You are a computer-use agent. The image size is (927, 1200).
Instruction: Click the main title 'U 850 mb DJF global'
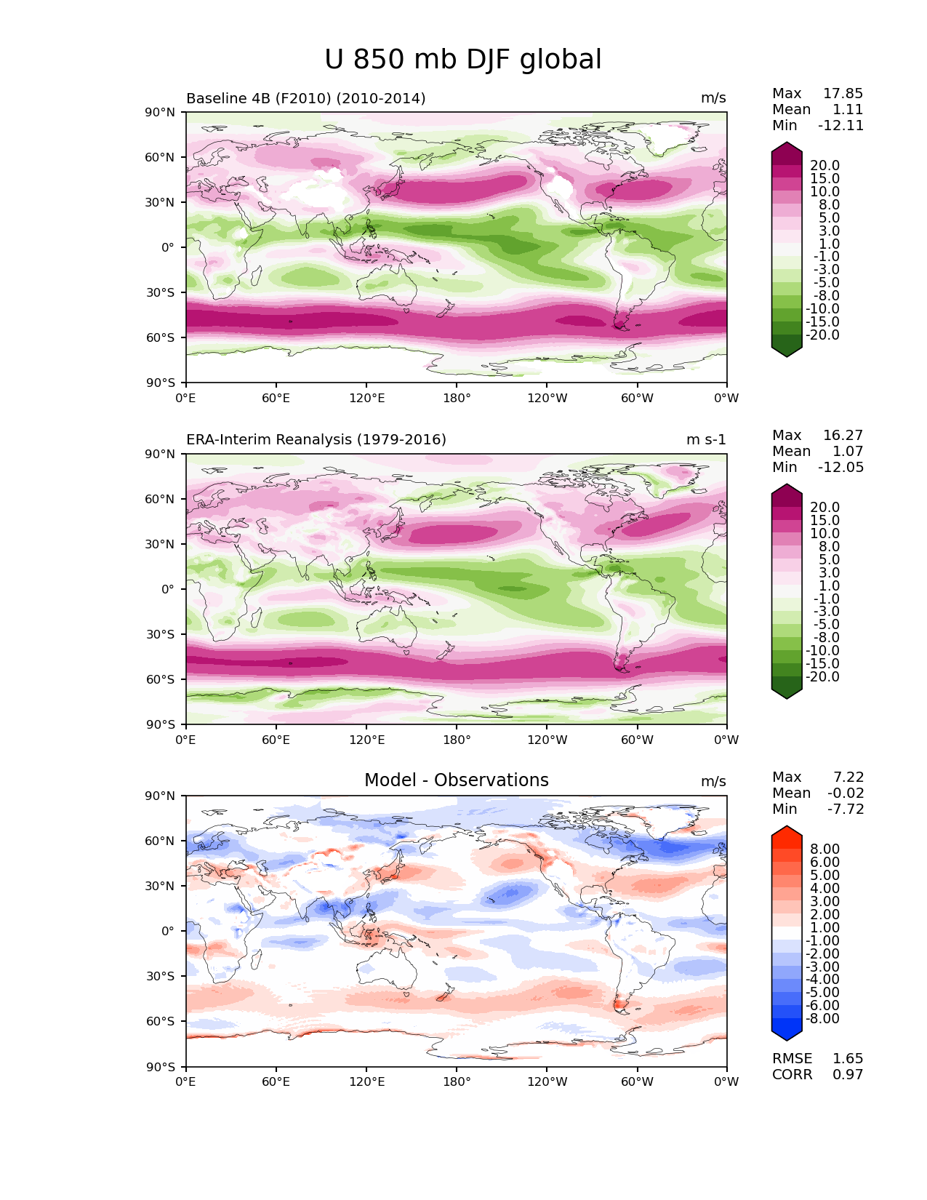(462, 60)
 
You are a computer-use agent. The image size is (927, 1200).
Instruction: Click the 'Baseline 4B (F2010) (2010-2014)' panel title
(305, 98)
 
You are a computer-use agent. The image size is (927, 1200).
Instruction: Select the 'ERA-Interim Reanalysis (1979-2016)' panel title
(316, 440)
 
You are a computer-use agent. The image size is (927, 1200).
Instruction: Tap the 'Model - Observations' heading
(456, 780)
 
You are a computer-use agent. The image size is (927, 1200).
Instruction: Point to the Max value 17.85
(843, 94)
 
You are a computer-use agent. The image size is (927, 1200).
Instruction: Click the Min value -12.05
(840, 468)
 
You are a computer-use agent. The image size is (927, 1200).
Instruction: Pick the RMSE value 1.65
(847, 1059)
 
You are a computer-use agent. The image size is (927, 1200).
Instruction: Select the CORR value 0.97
(847, 1075)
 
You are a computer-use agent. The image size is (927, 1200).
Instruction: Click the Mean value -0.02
(846, 793)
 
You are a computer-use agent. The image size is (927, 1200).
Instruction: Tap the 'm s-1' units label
(705, 440)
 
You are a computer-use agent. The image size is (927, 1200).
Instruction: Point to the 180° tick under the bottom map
(457, 1081)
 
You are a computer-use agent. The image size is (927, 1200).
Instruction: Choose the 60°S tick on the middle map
(161, 679)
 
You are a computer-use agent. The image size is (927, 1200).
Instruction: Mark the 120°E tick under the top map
(366, 399)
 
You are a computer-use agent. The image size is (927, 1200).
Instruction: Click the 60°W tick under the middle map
(637, 740)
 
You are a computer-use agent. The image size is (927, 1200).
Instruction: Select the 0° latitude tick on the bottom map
(167, 931)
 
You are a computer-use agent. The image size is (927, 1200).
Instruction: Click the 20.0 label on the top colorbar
(824, 166)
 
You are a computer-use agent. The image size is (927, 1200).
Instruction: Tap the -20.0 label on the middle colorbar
(822, 677)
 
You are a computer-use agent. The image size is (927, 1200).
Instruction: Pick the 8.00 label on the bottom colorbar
(824, 849)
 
